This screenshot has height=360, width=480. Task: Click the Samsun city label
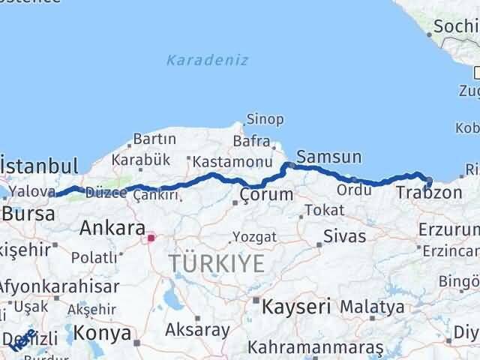point(328,157)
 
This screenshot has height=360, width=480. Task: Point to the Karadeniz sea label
point(208,60)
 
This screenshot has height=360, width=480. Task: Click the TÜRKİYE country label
point(217,263)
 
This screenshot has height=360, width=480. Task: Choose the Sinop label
point(266,119)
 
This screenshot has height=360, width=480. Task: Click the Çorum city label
point(266,195)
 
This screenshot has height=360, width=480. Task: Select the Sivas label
point(344,236)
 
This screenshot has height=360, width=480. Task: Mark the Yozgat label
point(255,237)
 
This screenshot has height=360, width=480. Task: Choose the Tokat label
point(325,209)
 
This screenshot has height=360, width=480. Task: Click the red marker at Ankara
point(151,238)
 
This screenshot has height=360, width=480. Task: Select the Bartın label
point(154,139)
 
